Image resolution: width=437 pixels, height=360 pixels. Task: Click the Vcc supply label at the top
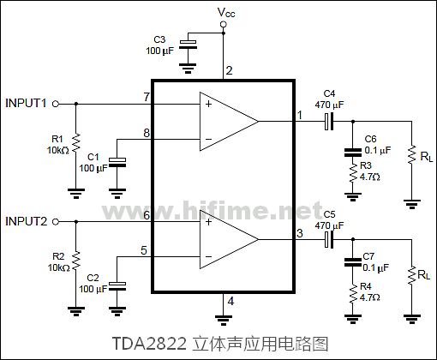[x=224, y=12]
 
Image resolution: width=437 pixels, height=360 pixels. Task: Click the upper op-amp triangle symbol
[x=227, y=120]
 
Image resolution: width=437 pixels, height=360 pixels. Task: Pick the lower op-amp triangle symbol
[x=227, y=238]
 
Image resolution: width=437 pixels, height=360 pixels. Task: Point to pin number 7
[x=147, y=96]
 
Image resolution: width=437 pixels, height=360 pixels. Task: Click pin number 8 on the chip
[x=147, y=133]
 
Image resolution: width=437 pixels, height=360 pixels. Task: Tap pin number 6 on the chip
[x=147, y=214]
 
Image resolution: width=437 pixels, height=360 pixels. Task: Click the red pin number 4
[x=230, y=300]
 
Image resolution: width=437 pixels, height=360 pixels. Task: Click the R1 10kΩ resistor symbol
[x=76, y=142]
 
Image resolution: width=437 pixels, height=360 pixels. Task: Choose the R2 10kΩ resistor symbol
[x=76, y=260]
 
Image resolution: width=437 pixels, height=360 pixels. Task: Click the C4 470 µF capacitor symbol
[x=329, y=121]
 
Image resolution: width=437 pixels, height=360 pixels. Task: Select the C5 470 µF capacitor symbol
[x=329, y=239]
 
